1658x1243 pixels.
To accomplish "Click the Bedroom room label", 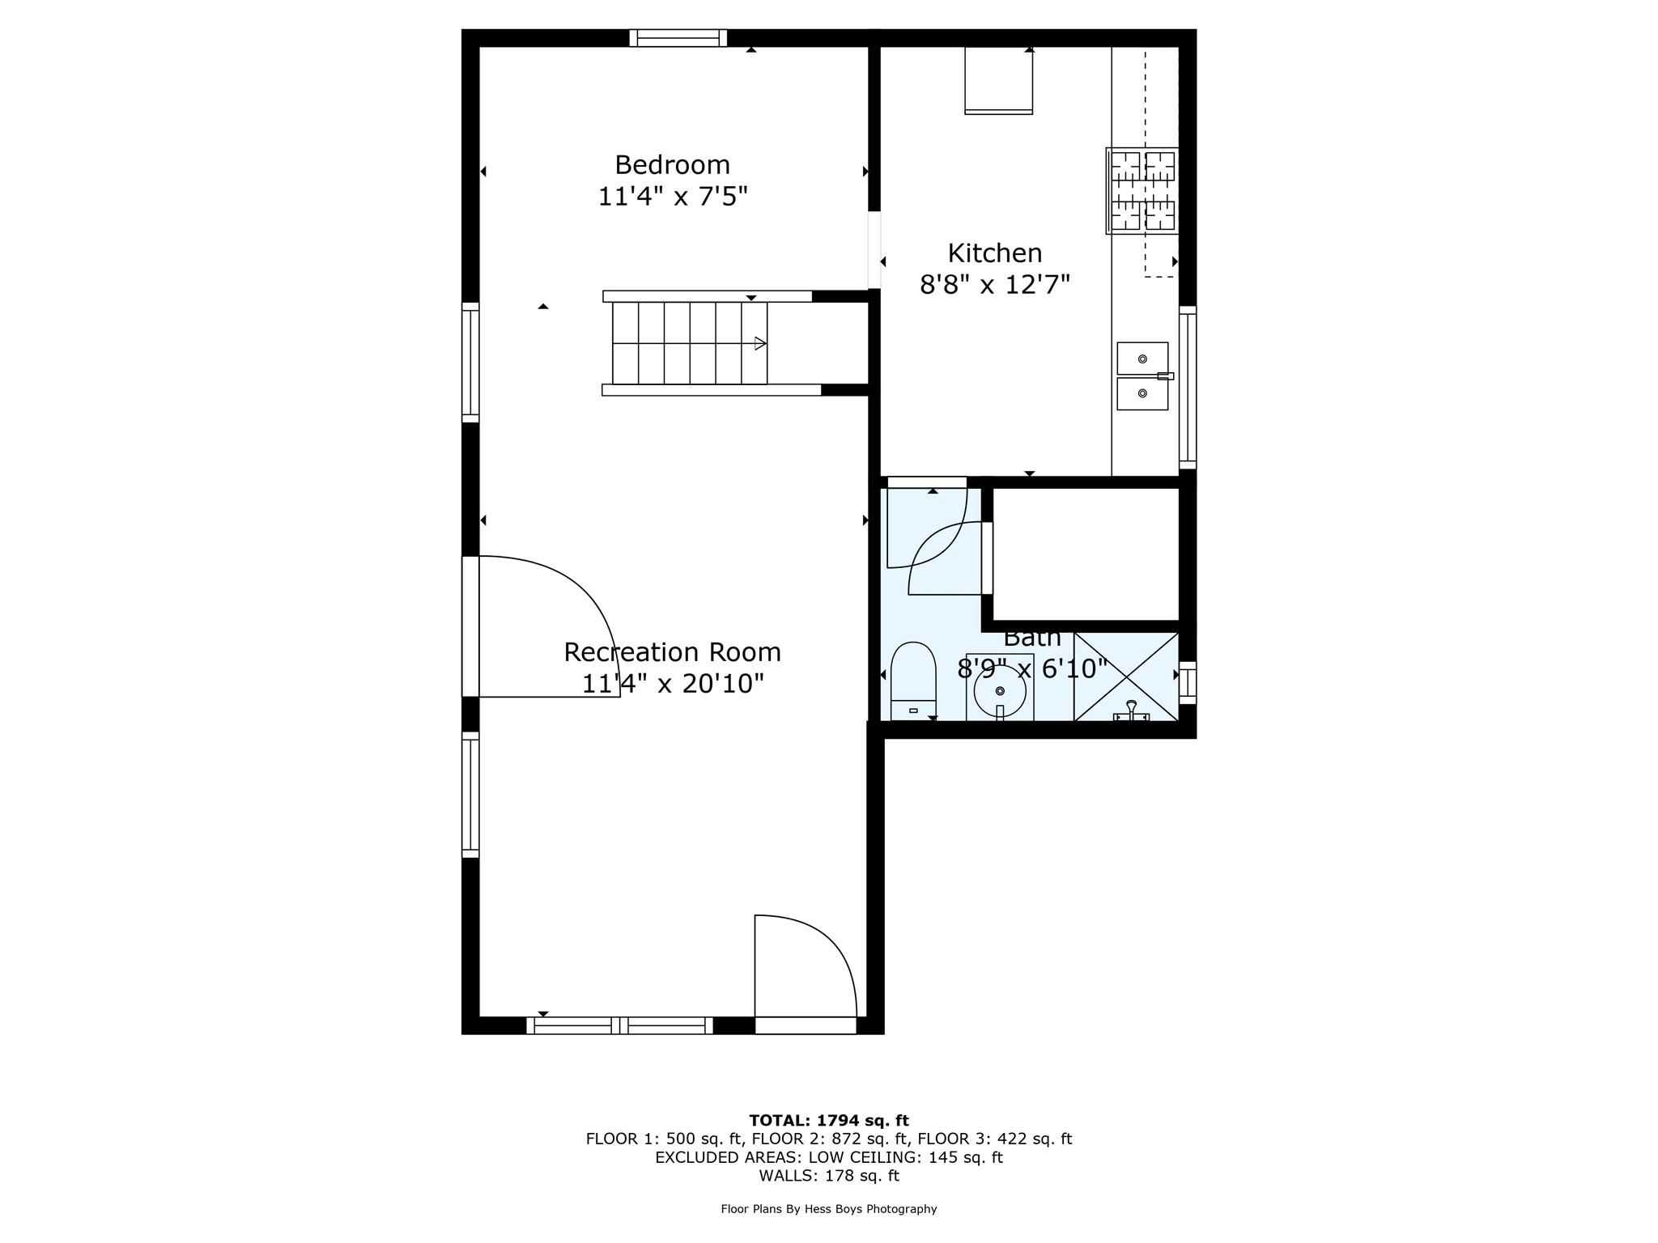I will pos(672,165).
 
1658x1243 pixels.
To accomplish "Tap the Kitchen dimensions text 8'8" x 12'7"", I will pos(994,285).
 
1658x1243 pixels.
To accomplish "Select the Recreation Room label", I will pos(672,652).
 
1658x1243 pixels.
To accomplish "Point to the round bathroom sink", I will pos(1000,689).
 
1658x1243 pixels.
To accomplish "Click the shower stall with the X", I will pos(1125,676).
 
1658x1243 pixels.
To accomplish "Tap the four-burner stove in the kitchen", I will pos(1142,191).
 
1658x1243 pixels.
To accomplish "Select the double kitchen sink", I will pos(1142,376).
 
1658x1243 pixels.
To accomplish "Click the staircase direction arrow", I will pos(759,343).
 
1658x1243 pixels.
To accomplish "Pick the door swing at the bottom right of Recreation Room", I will pos(805,967).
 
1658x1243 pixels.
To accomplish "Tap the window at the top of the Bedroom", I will pos(678,38).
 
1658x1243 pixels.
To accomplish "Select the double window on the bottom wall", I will pos(620,1025).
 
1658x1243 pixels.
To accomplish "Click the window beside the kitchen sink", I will pos(1188,387).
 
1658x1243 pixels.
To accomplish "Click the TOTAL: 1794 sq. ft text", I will pos(828,1121).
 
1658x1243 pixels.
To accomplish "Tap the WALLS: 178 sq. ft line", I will pos(828,1176).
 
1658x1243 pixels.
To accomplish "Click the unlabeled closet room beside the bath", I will pos(1085,554).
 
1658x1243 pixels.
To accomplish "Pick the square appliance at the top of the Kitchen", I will pos(998,79).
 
